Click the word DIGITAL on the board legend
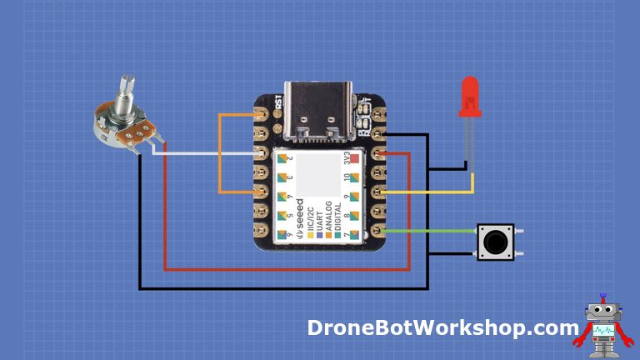point(336,218)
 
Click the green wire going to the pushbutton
point(433,231)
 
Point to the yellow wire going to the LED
point(433,192)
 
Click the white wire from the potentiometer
point(208,154)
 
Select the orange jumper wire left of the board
point(220,154)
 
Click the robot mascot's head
point(599,312)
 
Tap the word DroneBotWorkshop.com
point(442,328)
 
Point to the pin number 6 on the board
point(288,237)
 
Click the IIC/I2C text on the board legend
point(311,218)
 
